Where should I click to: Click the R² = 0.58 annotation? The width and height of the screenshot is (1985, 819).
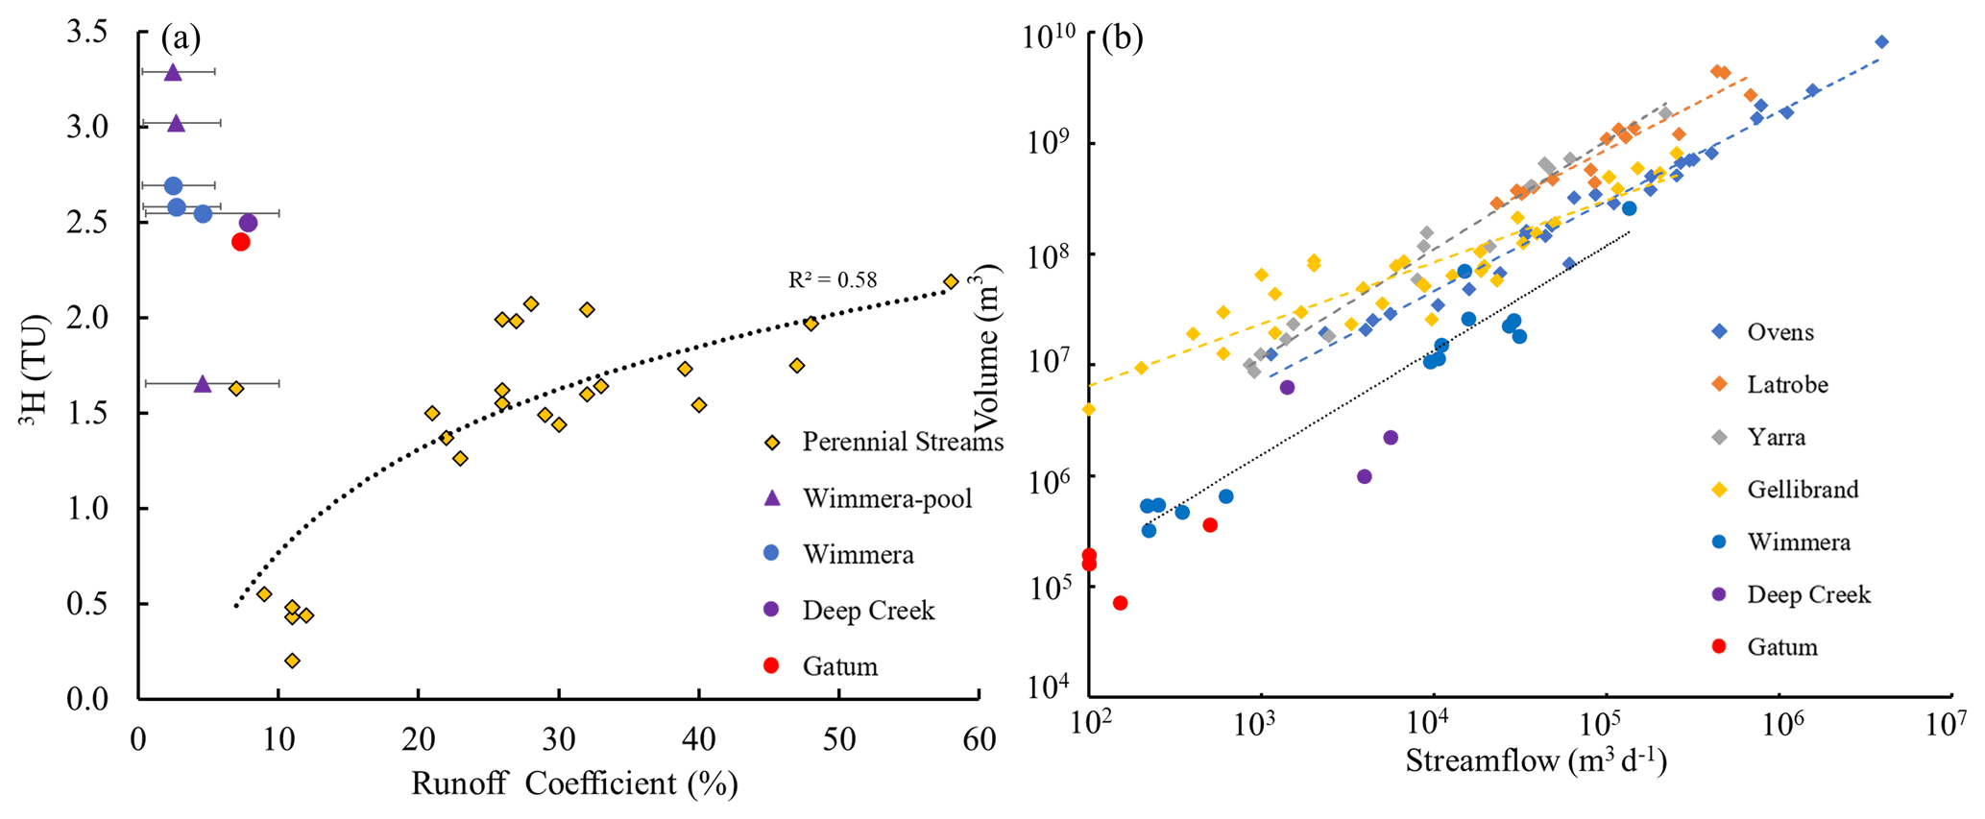point(833,280)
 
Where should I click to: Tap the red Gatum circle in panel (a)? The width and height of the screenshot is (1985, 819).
point(241,242)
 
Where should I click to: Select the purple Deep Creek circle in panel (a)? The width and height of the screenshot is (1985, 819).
point(248,223)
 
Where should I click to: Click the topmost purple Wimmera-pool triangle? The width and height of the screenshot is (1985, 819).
point(173,72)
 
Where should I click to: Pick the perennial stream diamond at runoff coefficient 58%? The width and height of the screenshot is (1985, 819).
point(951,281)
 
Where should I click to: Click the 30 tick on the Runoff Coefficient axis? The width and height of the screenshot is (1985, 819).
point(558,738)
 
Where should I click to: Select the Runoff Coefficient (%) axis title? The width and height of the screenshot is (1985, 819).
point(574,783)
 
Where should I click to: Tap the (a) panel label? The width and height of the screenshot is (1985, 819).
point(181,38)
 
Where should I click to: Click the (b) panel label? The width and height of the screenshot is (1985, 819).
point(1122,38)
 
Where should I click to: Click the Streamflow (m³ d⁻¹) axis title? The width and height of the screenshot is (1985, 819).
point(1536,760)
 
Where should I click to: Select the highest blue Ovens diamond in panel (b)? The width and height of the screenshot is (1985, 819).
point(1881,41)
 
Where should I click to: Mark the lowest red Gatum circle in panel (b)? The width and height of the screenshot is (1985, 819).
point(1120,603)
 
